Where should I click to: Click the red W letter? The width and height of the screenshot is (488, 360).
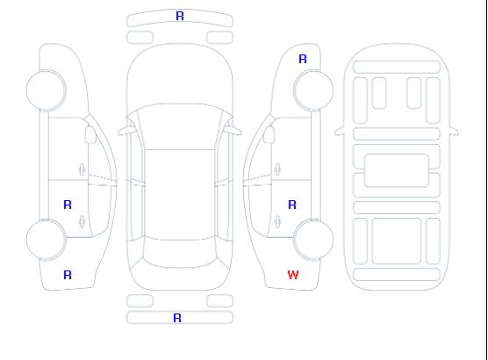point(293,275)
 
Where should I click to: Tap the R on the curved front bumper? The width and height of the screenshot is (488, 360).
point(180,16)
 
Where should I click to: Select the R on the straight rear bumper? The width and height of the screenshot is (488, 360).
point(177,318)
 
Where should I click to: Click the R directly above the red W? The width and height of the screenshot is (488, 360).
point(292,205)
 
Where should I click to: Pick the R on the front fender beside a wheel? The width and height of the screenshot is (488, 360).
point(303,59)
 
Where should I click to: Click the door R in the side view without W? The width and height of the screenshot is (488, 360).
point(68,205)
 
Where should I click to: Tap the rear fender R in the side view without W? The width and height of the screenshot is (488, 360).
point(68,275)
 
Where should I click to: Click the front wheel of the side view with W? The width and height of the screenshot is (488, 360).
point(313,90)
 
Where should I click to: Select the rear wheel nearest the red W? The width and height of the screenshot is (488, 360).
point(313,240)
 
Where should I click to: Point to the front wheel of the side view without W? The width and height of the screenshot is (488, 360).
point(46,90)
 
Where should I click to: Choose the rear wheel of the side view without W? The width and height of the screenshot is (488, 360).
point(46,240)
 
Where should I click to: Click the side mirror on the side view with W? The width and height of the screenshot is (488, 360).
point(269,134)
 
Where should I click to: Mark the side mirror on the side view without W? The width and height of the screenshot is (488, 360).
point(90,134)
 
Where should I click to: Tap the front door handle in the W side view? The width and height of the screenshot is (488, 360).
point(277,169)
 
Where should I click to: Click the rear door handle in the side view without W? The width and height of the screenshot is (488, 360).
point(82,221)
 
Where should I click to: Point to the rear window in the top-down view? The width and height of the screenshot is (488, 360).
point(180,253)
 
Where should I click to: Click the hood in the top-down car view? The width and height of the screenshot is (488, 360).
point(180,75)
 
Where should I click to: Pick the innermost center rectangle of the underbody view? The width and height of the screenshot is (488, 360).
point(397,170)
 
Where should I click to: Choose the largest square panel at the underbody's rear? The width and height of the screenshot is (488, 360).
point(397,241)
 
